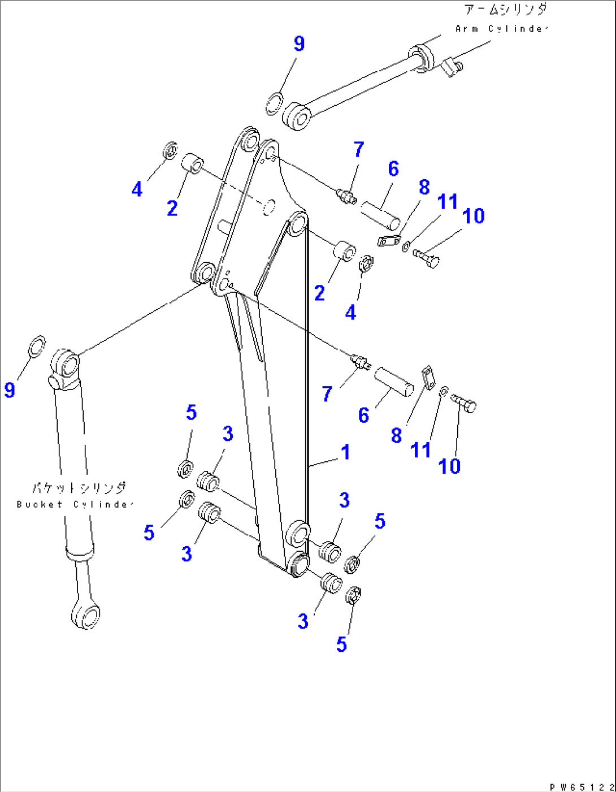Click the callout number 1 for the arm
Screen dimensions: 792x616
(x=345, y=452)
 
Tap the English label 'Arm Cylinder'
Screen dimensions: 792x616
(x=501, y=28)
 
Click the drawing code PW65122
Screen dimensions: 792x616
(x=582, y=786)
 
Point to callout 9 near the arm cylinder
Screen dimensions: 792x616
(x=299, y=44)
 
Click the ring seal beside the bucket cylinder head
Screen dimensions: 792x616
(x=37, y=346)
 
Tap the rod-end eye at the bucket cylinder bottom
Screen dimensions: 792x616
(x=85, y=614)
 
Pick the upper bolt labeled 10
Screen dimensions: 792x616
(x=427, y=258)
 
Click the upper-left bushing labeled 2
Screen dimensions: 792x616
(x=192, y=164)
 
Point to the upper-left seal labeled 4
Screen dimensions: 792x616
(x=170, y=150)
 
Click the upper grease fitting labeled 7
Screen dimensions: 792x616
(x=346, y=196)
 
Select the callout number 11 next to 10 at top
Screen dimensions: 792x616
(x=447, y=201)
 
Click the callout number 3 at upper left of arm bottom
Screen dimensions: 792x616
(x=228, y=434)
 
